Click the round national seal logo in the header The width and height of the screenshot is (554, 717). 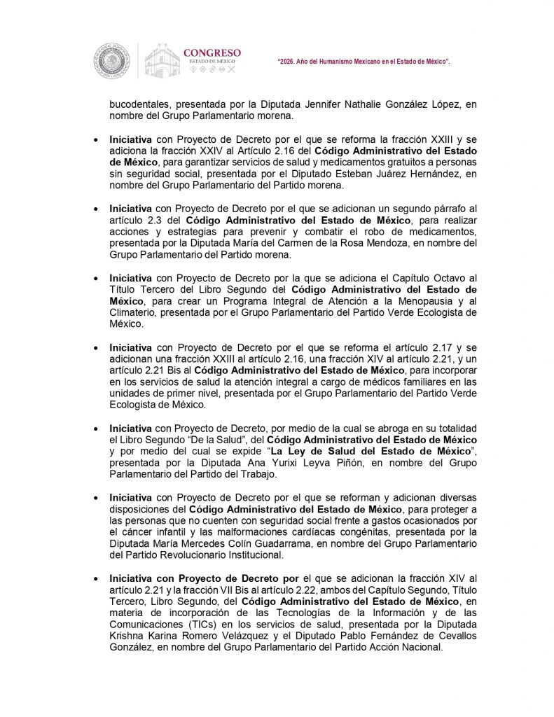[x=112, y=61]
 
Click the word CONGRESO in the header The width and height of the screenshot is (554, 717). [x=212, y=53]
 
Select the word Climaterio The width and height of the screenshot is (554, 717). [x=132, y=313]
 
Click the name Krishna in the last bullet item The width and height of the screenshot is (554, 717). [x=127, y=636]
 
